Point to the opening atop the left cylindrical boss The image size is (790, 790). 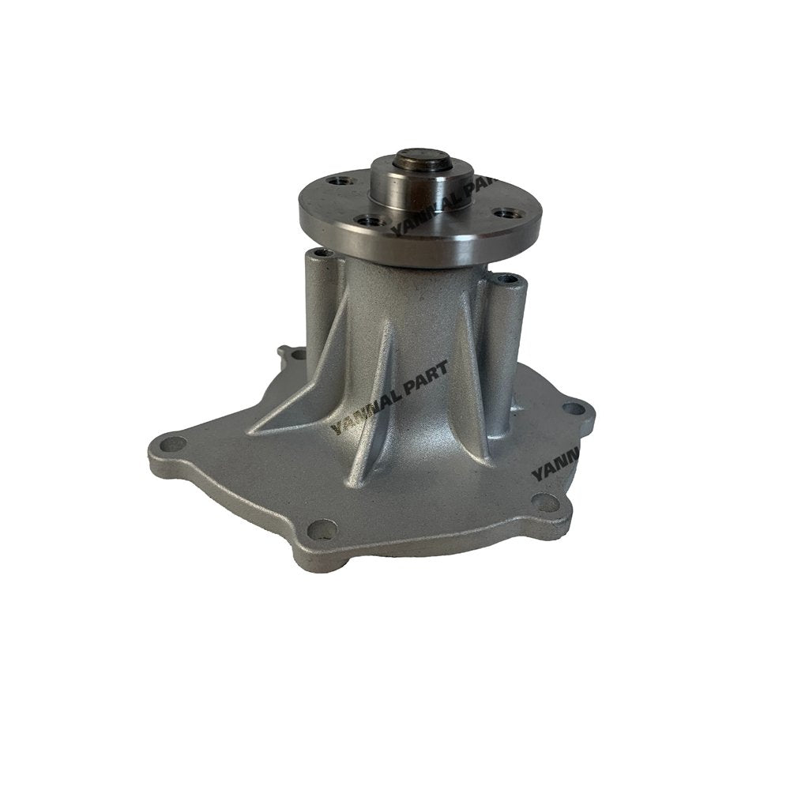(x=320, y=254)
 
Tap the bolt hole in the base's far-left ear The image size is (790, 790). (x=171, y=446)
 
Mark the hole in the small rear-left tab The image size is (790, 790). (x=298, y=355)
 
